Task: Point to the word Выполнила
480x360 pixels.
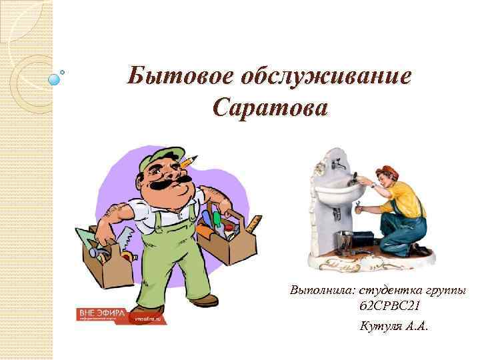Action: pos(322,291)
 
